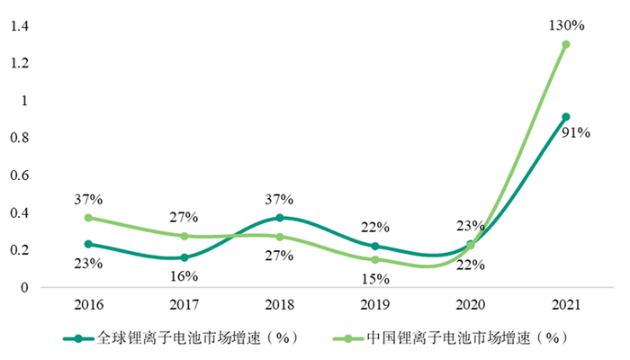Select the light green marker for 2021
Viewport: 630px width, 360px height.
coord(566,44)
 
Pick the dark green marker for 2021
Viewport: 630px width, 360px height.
coord(566,116)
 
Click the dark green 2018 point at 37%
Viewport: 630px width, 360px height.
coord(280,218)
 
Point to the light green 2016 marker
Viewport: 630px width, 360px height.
coord(87,218)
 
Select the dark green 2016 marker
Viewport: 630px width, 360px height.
coord(87,244)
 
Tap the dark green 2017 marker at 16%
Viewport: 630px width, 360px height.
coord(184,257)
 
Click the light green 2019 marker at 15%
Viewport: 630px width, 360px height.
coord(375,259)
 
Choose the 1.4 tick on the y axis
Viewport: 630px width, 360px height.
coord(19,26)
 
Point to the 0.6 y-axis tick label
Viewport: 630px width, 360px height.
coord(19,175)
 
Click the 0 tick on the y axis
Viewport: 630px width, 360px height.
coord(25,288)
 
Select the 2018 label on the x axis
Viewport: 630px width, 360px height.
coord(280,305)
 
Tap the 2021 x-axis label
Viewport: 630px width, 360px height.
coord(566,305)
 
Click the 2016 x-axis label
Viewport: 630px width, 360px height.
coord(87,305)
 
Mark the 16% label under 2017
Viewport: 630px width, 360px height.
coord(184,276)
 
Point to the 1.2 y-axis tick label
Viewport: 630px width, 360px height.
coord(19,63)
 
